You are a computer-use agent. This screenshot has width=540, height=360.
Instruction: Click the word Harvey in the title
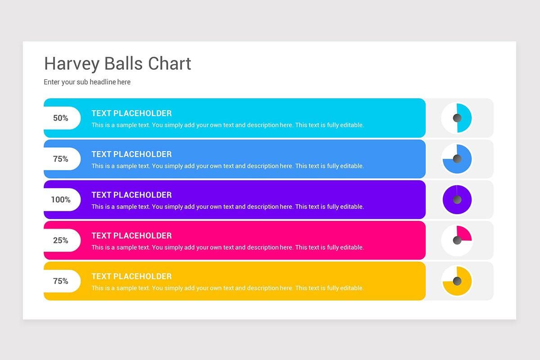(72, 63)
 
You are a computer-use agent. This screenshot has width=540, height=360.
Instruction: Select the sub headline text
(87, 82)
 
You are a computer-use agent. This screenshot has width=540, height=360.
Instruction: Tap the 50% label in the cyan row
(61, 118)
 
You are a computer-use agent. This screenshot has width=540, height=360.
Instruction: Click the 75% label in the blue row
(61, 159)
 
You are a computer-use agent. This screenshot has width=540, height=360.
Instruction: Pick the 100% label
(61, 199)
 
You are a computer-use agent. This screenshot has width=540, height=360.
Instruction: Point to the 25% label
(61, 240)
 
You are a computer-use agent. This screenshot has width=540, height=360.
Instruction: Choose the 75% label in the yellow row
(61, 281)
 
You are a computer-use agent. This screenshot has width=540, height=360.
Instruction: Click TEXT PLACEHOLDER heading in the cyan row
(131, 113)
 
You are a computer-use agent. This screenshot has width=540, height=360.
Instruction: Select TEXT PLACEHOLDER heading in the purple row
(131, 195)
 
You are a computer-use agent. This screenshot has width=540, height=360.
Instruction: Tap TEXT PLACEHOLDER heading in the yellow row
(131, 276)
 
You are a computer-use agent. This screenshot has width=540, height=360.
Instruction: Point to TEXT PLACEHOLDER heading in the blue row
(131, 154)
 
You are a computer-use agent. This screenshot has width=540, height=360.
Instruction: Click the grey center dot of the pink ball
(457, 240)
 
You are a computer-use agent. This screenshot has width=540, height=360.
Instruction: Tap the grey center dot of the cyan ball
(457, 118)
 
